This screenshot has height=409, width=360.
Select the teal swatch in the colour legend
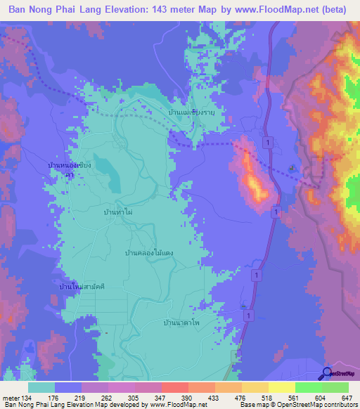[x=41, y=388]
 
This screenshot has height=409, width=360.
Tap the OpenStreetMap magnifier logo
[x=327, y=372]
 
